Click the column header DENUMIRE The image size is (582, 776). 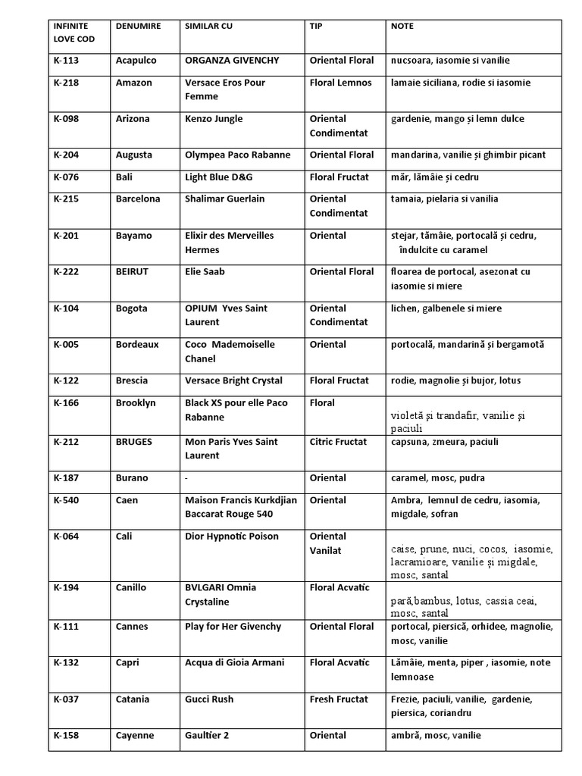138,26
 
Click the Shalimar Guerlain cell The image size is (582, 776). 229,199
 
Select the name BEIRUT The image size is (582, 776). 132,272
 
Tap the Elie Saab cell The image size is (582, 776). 205,272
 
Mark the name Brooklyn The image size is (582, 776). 136,403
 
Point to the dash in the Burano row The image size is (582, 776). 187,478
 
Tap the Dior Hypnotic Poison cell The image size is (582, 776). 231,537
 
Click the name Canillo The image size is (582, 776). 132,588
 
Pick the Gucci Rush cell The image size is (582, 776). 208,699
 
